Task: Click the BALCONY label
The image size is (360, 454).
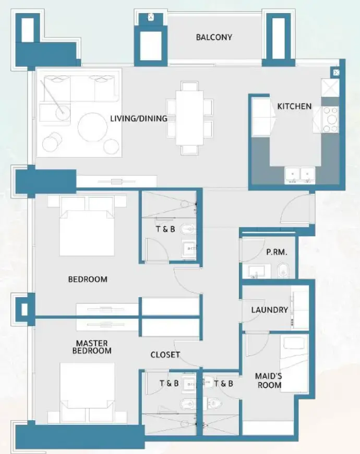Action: click(214, 37)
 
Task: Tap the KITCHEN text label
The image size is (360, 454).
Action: click(294, 107)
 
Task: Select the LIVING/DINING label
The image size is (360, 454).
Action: click(139, 119)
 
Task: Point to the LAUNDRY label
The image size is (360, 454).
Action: click(270, 310)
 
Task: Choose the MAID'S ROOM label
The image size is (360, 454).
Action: click(269, 381)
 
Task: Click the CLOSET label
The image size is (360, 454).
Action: click(165, 355)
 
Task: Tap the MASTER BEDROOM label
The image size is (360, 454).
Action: click(92, 347)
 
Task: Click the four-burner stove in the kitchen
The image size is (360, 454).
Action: click(330, 119)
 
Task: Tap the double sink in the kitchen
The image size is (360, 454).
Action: click(300, 174)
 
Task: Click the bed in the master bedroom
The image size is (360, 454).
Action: click(87, 388)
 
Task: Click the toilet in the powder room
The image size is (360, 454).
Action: click(283, 270)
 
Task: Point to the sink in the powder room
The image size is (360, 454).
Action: click(256, 271)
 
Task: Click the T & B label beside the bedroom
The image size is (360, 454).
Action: click(166, 229)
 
